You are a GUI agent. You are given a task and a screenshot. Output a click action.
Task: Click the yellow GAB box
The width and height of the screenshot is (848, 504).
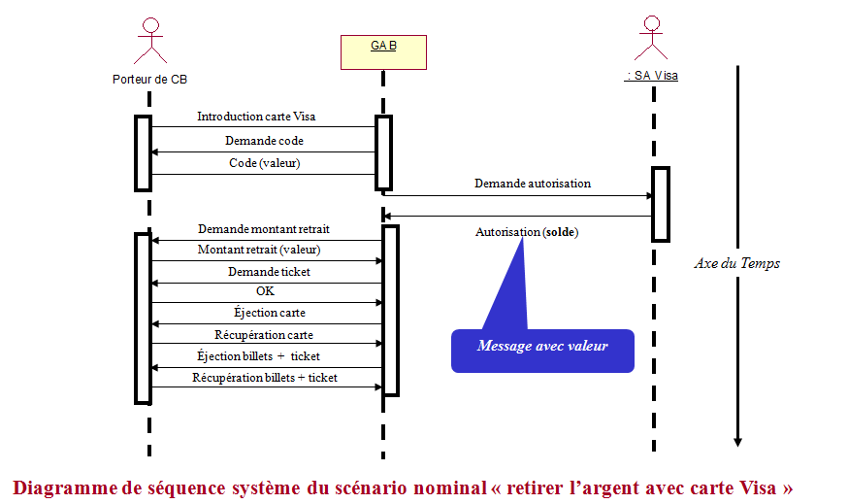tap(383, 51)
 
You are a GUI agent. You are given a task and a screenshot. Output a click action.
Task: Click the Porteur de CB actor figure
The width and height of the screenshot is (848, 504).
tap(148, 41)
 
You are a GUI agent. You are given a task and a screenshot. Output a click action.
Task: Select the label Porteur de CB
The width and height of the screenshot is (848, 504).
tap(149, 79)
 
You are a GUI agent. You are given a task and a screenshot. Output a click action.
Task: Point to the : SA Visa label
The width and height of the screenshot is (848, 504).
tap(651, 75)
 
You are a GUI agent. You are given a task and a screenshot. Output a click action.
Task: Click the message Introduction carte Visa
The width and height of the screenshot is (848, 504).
tap(256, 117)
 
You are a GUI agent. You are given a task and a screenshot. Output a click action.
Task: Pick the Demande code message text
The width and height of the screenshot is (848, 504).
tap(264, 141)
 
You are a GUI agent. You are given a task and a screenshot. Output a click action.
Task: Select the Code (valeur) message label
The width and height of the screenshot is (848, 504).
tap(264, 163)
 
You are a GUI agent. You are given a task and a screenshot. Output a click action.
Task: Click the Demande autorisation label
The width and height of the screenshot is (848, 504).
tap(532, 183)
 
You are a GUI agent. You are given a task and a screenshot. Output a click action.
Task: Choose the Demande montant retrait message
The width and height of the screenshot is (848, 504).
tap(264, 229)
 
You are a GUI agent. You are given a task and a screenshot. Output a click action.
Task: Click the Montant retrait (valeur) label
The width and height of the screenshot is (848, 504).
tap(259, 250)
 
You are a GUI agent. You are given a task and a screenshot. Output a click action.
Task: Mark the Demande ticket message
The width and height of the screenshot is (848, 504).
tap(269, 272)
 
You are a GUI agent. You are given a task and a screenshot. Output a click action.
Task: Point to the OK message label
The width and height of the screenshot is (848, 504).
tap(265, 291)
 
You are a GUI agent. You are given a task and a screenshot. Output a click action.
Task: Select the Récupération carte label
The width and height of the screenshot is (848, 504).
tap(263, 335)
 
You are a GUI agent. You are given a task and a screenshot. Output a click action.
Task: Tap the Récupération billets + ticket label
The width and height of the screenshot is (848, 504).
tap(265, 377)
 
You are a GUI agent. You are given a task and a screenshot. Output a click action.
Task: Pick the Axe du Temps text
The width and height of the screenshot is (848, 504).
tap(737, 263)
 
